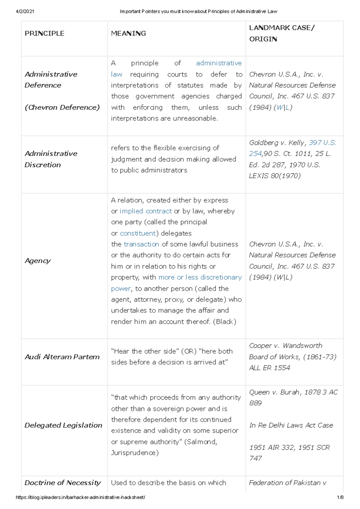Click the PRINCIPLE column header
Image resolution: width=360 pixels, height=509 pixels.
coord(44,33)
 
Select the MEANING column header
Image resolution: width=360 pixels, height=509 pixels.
coord(128,33)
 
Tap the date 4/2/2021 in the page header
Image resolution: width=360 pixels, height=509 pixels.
coord(25,11)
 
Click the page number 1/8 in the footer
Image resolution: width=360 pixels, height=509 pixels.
coord(340,497)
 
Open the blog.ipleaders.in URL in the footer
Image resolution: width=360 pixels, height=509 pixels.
coord(80,497)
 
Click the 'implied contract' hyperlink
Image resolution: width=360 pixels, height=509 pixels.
coord(145,211)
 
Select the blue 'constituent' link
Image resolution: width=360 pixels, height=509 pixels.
coord(138,233)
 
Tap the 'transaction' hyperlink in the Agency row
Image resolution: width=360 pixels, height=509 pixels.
coord(141,244)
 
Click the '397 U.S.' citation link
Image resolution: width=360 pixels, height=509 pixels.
coord(322,143)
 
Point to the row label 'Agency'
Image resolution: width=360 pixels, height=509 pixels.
coord(38,261)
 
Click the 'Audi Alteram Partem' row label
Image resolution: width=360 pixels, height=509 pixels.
coord(62,357)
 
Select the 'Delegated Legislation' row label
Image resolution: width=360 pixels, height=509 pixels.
coord(63,425)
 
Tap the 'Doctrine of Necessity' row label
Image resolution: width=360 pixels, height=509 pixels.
coord(62,483)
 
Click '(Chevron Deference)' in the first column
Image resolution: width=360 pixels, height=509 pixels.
coord(62,107)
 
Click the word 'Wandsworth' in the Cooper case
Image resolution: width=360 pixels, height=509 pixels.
coord(302,346)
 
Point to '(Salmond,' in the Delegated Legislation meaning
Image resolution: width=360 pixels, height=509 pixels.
coord(200,442)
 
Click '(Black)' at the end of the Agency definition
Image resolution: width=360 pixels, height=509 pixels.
coord(224,322)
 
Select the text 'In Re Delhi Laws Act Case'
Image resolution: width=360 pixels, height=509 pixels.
coord(291,425)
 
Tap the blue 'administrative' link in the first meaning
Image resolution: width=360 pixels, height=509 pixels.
coord(219,63)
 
